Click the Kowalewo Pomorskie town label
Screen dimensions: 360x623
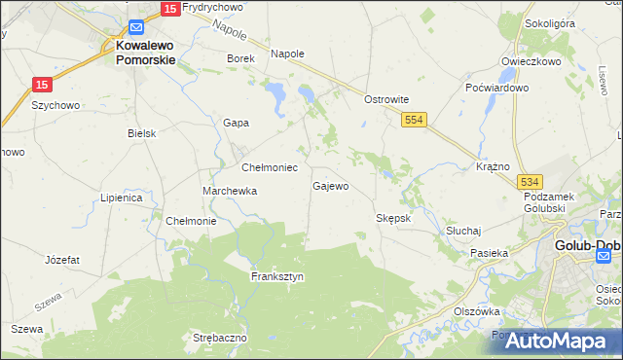coord(145,52)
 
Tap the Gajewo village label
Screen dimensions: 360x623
coord(330,185)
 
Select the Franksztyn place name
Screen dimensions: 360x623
coord(277,276)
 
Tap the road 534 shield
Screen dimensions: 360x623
coord(530,182)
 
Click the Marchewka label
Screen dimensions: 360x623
coord(230,191)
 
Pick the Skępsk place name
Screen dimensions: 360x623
coord(394,218)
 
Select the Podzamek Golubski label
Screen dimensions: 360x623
coord(552,202)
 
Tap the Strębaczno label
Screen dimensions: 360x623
coord(220,338)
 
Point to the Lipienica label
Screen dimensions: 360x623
coord(122,198)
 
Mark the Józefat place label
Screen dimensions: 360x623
coord(62,260)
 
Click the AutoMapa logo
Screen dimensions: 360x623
coord(556,340)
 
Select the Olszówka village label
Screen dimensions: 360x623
coord(476,311)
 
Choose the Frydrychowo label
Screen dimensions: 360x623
coord(211,7)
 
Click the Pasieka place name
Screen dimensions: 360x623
coord(490,253)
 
